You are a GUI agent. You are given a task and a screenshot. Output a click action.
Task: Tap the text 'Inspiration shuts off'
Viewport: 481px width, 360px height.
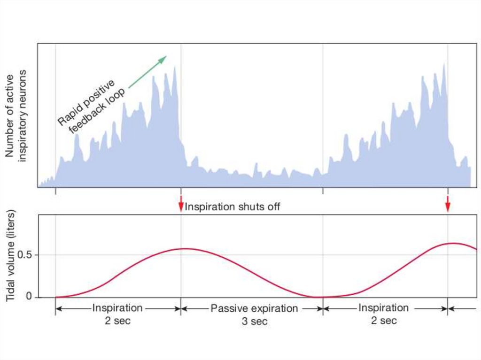click(233, 207)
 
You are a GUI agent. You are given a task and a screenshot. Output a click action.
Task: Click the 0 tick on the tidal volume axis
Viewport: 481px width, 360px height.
click(29, 297)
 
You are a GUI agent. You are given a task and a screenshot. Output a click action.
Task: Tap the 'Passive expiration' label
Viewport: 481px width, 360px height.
click(254, 308)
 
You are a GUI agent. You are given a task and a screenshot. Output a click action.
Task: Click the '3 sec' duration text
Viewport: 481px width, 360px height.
click(254, 322)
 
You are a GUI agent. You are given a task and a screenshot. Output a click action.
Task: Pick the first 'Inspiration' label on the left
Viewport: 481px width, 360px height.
click(117, 308)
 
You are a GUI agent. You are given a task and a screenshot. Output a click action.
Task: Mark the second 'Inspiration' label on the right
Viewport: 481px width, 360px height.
click(383, 308)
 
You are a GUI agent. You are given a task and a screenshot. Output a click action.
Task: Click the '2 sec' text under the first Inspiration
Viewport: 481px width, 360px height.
click(117, 321)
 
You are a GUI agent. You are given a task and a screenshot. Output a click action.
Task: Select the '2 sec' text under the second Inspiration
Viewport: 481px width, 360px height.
click(383, 321)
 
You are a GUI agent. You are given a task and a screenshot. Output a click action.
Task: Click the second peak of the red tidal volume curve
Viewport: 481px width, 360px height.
click(452, 243)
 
